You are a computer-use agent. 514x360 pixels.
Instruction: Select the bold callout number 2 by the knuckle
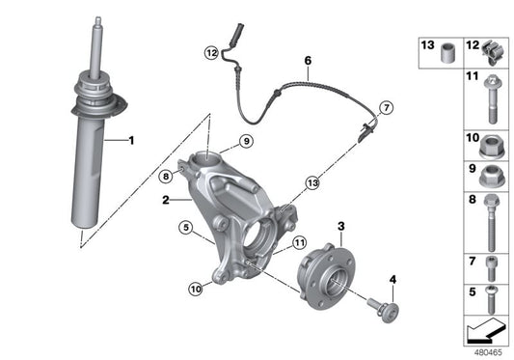point(167,201)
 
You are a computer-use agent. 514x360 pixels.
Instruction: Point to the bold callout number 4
point(392,281)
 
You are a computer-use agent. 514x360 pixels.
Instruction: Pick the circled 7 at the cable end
point(387,106)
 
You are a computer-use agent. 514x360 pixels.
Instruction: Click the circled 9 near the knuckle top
point(246,142)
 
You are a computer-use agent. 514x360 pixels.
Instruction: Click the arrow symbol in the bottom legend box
point(484,332)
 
